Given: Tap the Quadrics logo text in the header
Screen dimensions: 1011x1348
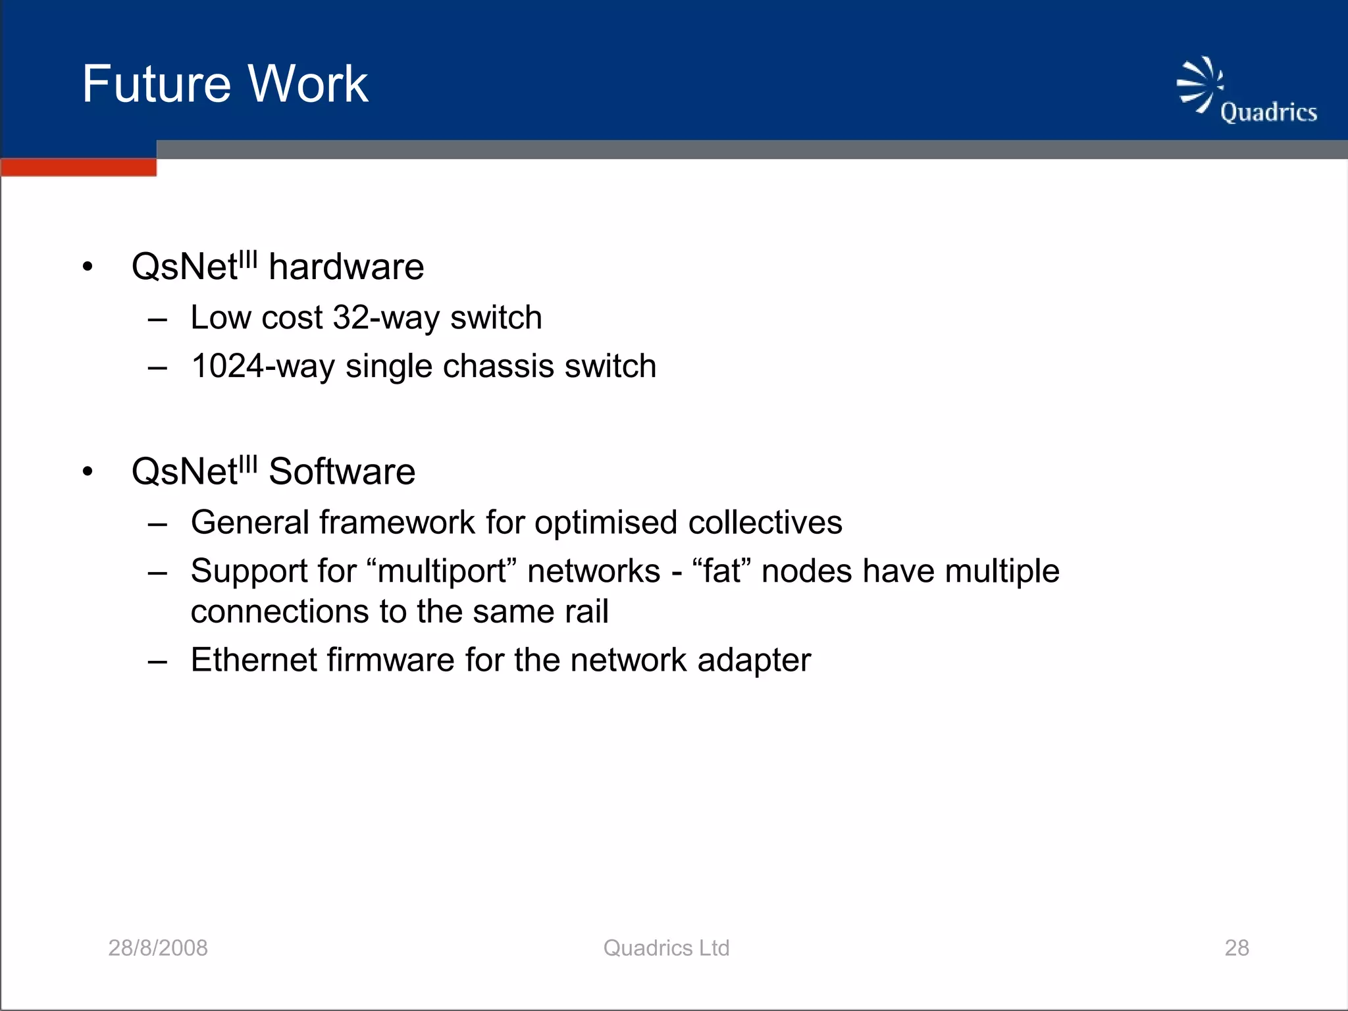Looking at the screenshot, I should click(x=1268, y=113).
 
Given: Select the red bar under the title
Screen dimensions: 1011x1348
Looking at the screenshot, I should click(x=78, y=167).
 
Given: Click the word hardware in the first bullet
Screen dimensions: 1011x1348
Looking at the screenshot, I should click(x=346, y=267).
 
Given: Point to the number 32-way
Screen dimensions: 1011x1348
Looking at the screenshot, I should click(x=386, y=318).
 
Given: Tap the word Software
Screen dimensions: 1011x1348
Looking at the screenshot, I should click(x=342, y=472).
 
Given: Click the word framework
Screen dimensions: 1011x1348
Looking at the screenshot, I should click(x=397, y=523).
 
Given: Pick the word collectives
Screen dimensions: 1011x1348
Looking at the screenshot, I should click(x=765, y=523).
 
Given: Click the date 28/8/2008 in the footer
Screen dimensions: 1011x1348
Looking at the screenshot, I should click(x=158, y=948).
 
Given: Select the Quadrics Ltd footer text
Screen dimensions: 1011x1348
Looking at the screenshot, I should click(x=666, y=948).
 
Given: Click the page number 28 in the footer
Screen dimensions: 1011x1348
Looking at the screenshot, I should click(x=1236, y=948).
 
